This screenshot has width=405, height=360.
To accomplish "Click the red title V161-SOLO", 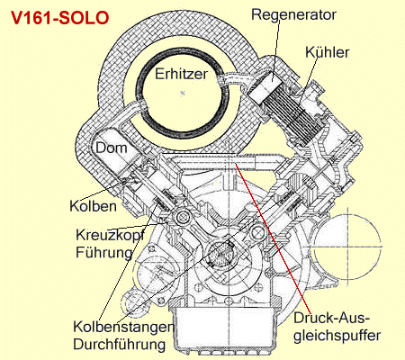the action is click(59, 18).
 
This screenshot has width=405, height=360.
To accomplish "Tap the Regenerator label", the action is click(293, 15).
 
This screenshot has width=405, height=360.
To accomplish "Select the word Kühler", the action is click(328, 52).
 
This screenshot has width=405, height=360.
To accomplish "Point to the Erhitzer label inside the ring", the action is click(182, 74).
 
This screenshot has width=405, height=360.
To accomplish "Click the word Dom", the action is click(112, 148).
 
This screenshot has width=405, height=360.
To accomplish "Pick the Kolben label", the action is click(93, 206).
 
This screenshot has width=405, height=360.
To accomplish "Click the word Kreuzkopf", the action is click(110, 235).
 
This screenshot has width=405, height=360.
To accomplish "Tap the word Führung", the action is click(104, 252).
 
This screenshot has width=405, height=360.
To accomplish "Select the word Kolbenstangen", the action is click(123, 327).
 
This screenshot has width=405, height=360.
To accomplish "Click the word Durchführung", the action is click(120, 344).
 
